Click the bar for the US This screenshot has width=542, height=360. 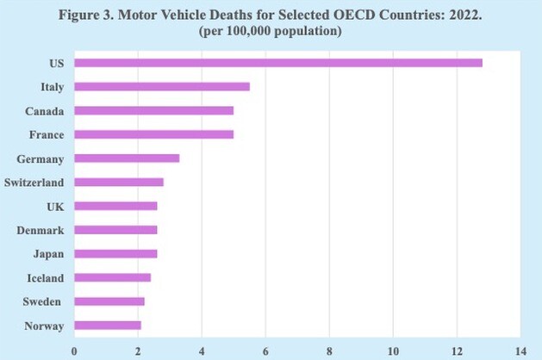click(278, 63)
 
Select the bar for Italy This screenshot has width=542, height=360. click(162, 86)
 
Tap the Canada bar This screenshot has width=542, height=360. click(154, 110)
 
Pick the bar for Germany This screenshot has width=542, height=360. click(127, 158)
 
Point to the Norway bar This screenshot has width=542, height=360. click(108, 325)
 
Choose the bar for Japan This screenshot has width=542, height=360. click(115, 253)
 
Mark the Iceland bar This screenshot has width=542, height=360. click(113, 277)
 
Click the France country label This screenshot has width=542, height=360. click(48, 134)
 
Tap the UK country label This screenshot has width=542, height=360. click(56, 206)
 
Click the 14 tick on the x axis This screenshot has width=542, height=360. click(520, 351)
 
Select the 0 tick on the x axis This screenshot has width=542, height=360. click(74, 351)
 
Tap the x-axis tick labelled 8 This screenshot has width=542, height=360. click(329, 351)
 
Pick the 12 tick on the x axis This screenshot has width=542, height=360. click(457, 351)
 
